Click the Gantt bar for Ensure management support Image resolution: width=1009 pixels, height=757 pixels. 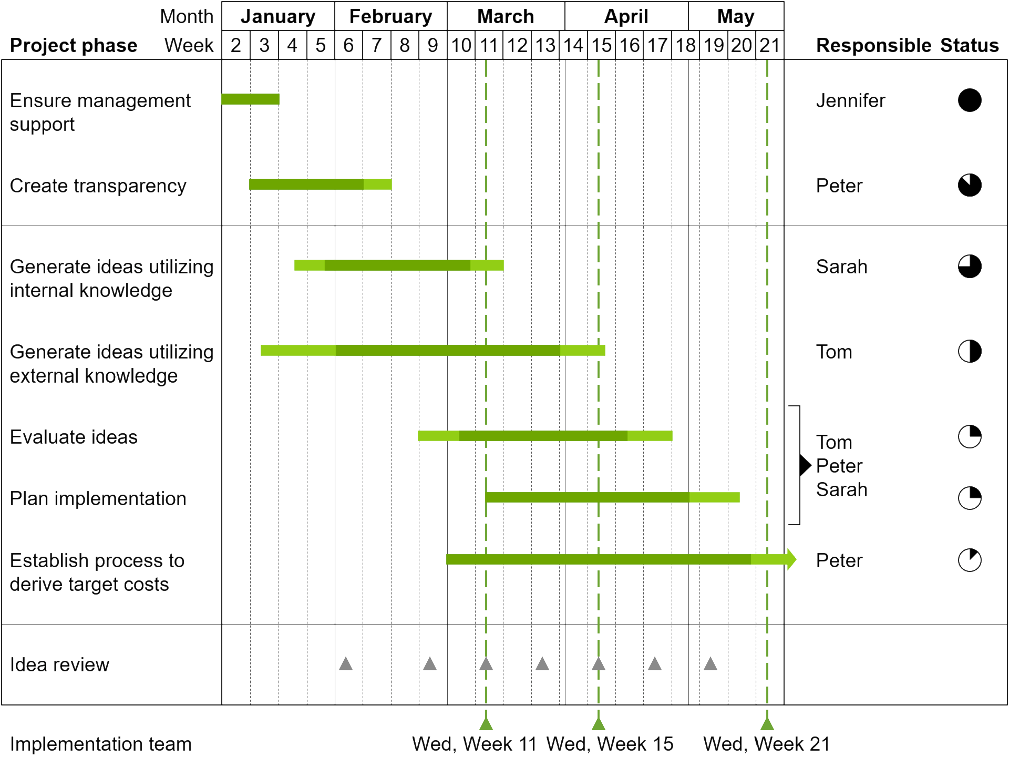pos(250,99)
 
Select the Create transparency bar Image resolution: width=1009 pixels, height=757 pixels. pos(321,184)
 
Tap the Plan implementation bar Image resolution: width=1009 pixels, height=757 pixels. pos(613,497)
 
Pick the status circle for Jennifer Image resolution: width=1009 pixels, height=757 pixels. pos(970,100)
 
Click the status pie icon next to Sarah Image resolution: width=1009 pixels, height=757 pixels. pos(970,266)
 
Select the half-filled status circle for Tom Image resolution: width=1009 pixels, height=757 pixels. pos(970,351)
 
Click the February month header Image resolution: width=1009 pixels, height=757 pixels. pos(391,17)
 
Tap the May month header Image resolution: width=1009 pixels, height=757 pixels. pos(736,17)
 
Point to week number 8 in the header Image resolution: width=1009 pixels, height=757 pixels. pos(405,45)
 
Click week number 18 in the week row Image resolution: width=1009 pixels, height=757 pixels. pos(686,45)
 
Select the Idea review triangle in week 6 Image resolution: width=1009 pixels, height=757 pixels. pos(346,663)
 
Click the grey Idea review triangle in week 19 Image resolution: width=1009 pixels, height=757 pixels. pos(711,663)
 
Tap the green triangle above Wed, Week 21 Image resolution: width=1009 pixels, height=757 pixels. pos(767,724)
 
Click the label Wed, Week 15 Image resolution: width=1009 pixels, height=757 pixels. pos(610,744)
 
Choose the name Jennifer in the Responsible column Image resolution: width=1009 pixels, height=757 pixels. pos(851,100)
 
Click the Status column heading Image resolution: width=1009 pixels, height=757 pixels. pos(970,45)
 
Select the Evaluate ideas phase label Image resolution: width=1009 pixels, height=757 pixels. pos(74,437)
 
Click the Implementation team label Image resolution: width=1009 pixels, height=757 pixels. pos(101,744)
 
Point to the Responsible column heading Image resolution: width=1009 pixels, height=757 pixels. pos(873,45)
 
